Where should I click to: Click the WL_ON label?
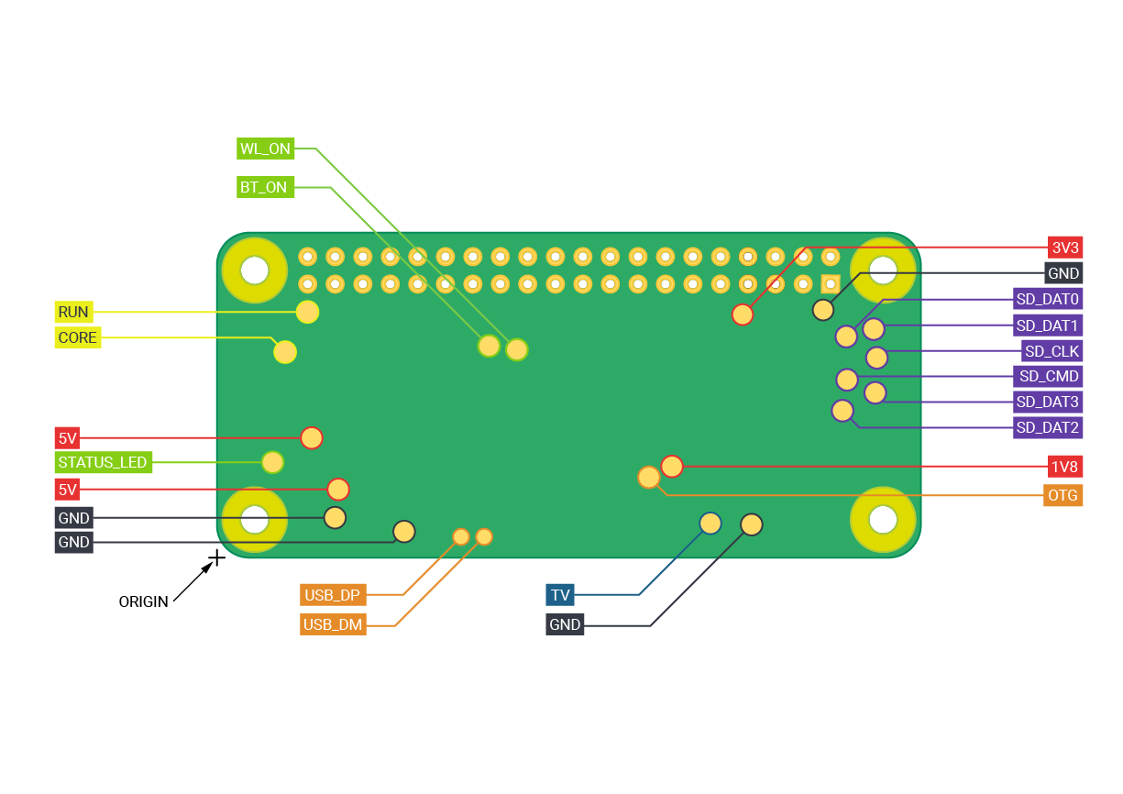coord(264,149)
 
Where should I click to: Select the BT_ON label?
coord(263,187)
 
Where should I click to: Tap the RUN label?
coord(72,312)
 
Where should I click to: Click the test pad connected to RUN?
coord(307,312)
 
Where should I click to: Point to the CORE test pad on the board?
coord(285,351)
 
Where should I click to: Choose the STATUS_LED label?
coord(102,462)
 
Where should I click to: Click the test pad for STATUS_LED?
coord(272,462)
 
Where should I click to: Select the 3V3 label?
coord(1065,248)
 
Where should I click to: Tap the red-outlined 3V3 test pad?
coord(743,314)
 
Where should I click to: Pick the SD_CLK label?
coord(1051,351)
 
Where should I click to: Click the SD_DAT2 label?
coord(1048,427)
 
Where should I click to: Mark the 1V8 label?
coord(1065,467)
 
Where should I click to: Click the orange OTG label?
coord(1063,496)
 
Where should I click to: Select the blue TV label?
coord(560,595)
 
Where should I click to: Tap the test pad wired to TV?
coord(710,523)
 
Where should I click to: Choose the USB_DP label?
coord(333,595)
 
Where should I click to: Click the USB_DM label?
coord(333,625)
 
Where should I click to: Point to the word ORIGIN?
coord(143,602)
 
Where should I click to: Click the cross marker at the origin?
coord(217,557)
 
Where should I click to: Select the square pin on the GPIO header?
coord(830,283)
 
